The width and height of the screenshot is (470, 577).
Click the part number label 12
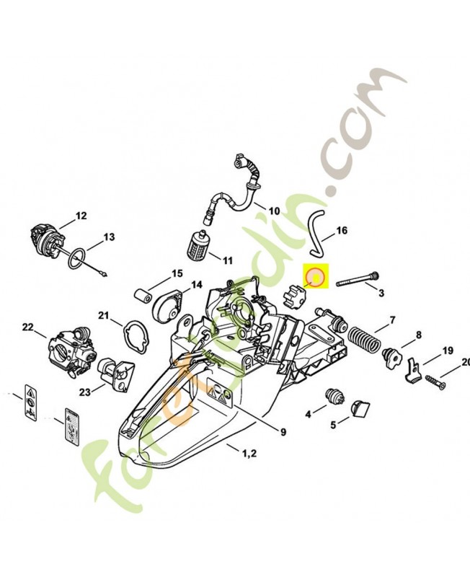[81, 215]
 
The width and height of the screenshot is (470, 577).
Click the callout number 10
[273, 211]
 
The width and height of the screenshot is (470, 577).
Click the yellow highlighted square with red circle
[316, 276]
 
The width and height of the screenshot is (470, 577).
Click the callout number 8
[417, 335]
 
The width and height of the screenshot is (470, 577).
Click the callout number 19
[448, 351]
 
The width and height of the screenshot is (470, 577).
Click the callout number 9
[283, 433]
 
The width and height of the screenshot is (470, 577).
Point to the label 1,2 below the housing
[249, 453]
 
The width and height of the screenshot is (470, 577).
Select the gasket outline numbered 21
[134, 335]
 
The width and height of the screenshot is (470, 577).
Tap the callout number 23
[85, 392]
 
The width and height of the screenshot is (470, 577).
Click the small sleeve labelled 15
[145, 295]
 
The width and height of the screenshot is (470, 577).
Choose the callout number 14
[197, 286]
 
